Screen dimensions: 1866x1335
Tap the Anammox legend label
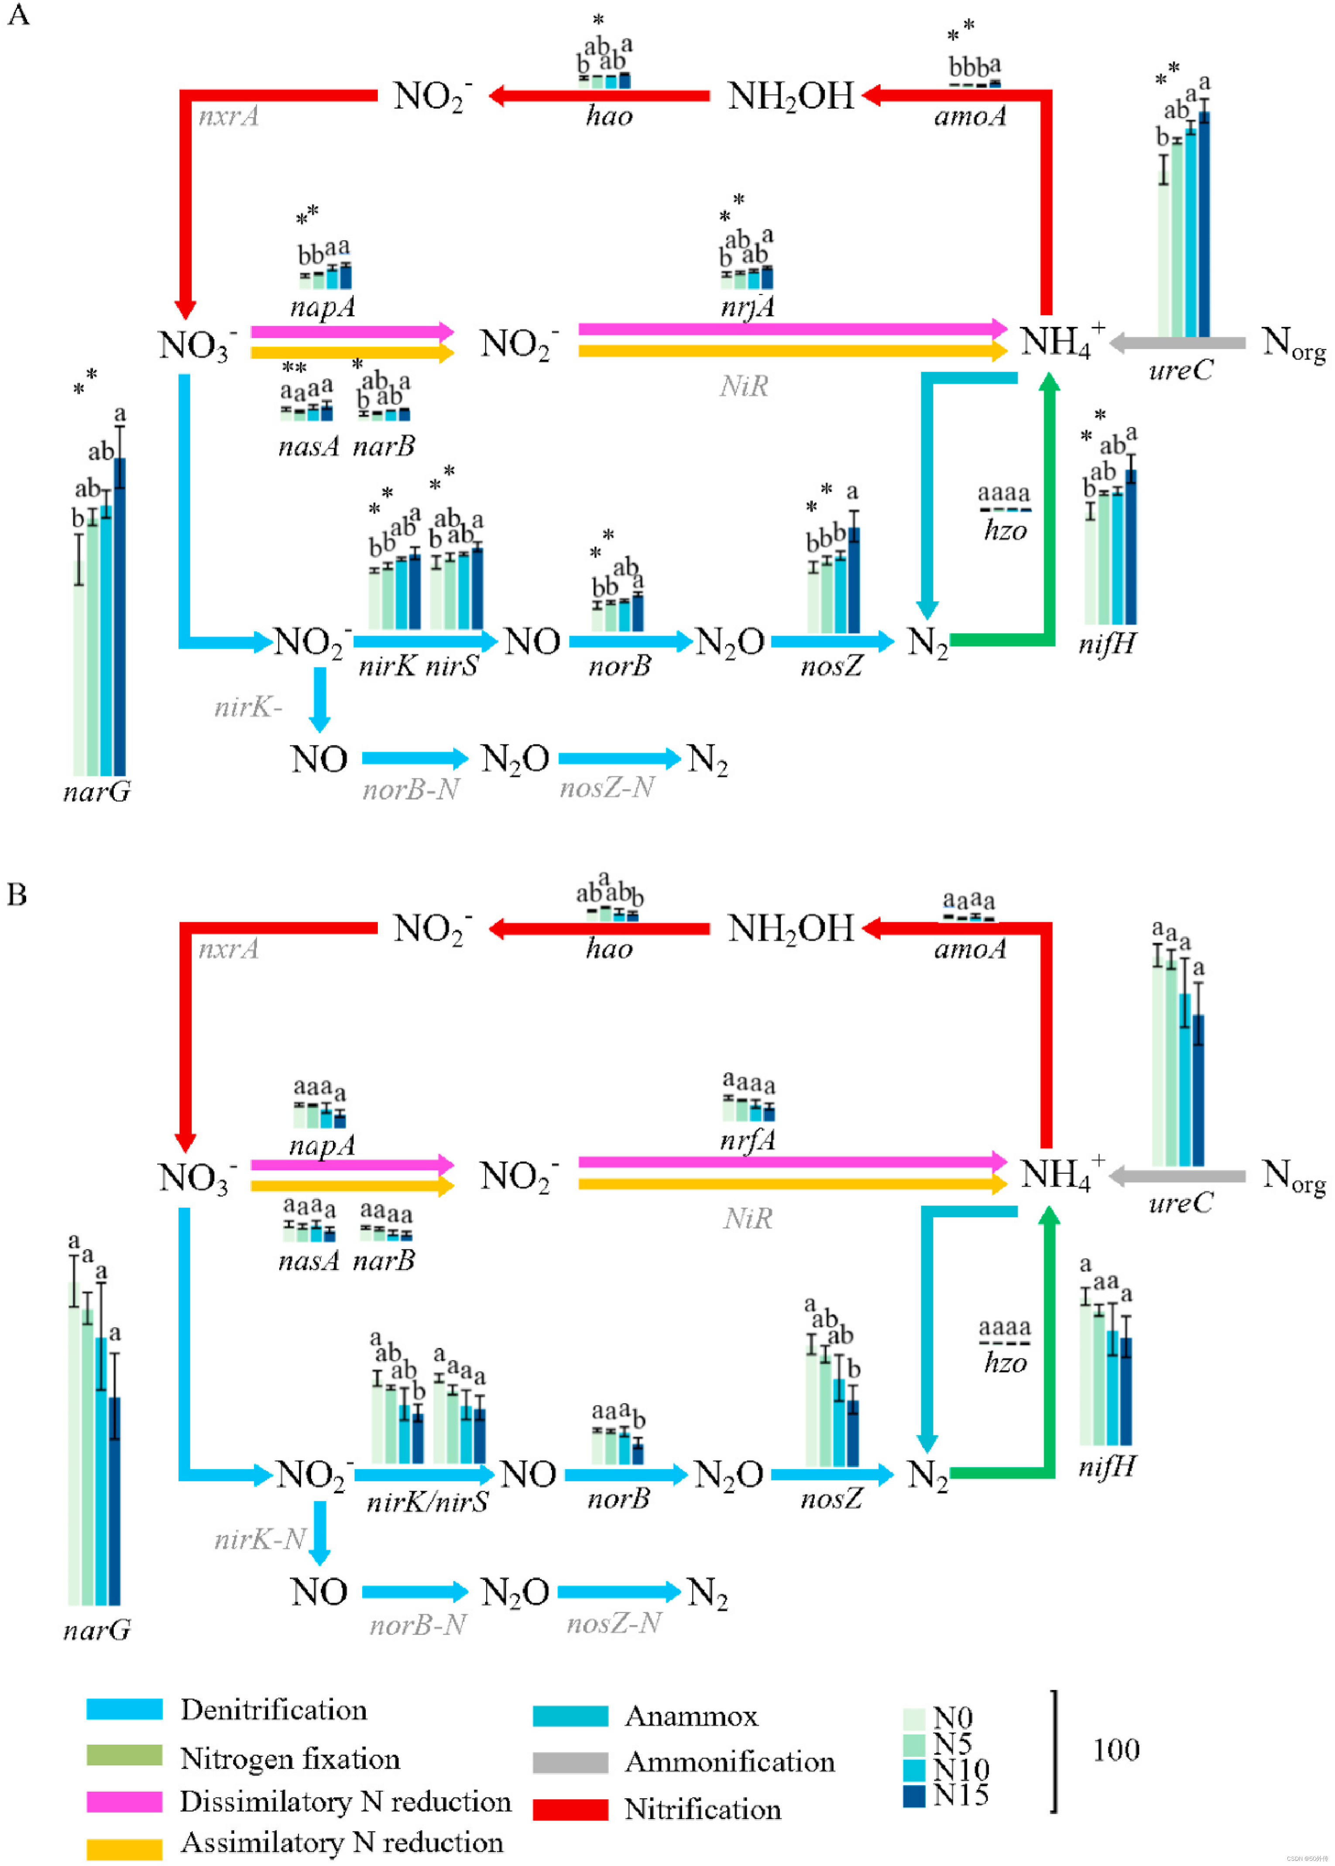(x=690, y=1715)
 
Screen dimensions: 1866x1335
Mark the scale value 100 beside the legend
(x=1115, y=1750)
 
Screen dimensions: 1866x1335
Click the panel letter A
(x=18, y=15)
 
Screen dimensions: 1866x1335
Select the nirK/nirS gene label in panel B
(x=427, y=1502)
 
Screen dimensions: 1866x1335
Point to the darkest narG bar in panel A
(x=120, y=617)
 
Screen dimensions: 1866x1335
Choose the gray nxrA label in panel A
(x=229, y=116)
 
